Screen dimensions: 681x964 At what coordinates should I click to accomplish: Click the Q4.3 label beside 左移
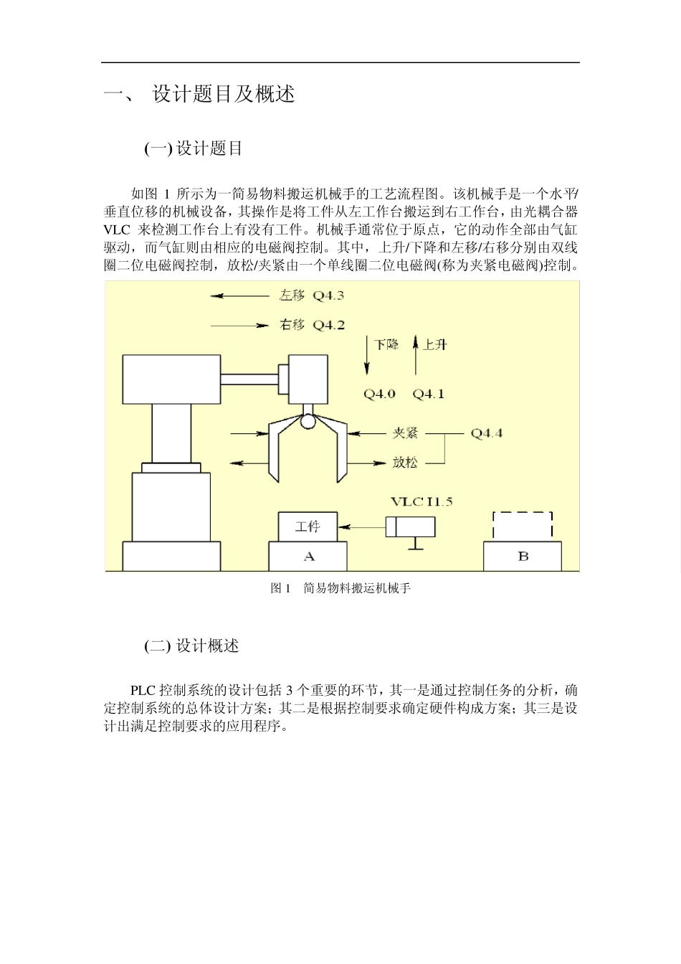(328, 296)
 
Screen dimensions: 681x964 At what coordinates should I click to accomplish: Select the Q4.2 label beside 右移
(328, 325)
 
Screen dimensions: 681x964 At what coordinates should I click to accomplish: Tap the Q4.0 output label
(379, 394)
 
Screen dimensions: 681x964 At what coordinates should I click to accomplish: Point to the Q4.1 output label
(428, 394)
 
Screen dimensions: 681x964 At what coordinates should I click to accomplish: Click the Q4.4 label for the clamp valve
(486, 433)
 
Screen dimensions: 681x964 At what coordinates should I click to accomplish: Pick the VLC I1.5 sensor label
(422, 501)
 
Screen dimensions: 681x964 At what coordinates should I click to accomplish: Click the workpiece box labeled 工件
(308, 526)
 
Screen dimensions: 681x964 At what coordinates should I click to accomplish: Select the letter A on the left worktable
(308, 557)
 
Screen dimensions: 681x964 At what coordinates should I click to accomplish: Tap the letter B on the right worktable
(523, 557)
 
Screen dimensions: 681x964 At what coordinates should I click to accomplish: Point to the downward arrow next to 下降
(367, 356)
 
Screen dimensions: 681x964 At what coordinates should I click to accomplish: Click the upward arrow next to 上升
(416, 356)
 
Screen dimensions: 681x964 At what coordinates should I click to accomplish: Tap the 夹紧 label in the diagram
(405, 433)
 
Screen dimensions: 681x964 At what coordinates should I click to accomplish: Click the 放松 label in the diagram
(405, 463)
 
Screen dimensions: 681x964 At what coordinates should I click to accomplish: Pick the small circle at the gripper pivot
(308, 422)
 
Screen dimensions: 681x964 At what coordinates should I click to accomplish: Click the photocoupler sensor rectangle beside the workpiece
(411, 526)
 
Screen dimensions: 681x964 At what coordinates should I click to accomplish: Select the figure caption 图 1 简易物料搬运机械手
(340, 588)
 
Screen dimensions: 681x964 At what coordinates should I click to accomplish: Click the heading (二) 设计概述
(191, 646)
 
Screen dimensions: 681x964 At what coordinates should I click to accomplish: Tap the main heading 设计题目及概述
(223, 94)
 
